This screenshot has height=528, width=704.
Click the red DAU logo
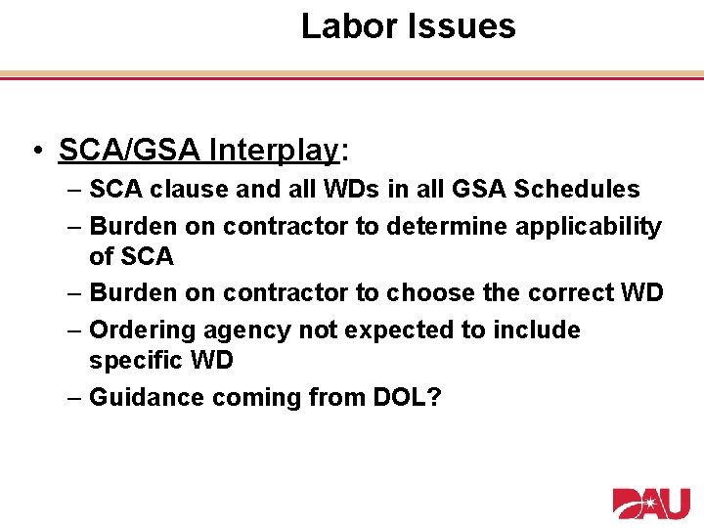pyautogui.click(x=651, y=503)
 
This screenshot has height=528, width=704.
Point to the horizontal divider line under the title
pyautogui.click(x=352, y=74)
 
